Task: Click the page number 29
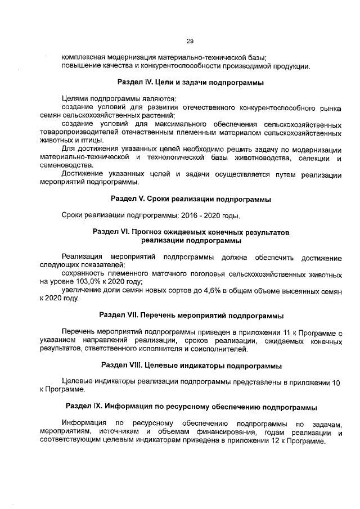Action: point(190,40)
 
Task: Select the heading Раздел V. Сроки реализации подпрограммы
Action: point(191,199)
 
